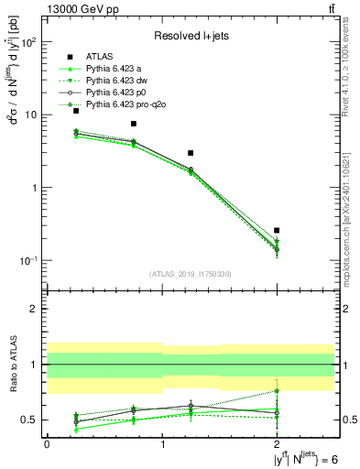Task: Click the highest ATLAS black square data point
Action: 76,111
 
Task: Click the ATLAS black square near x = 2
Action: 277,231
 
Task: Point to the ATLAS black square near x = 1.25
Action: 191,153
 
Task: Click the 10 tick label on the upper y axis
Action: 30,115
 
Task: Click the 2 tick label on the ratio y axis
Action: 35,310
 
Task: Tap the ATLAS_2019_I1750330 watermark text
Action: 191,273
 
